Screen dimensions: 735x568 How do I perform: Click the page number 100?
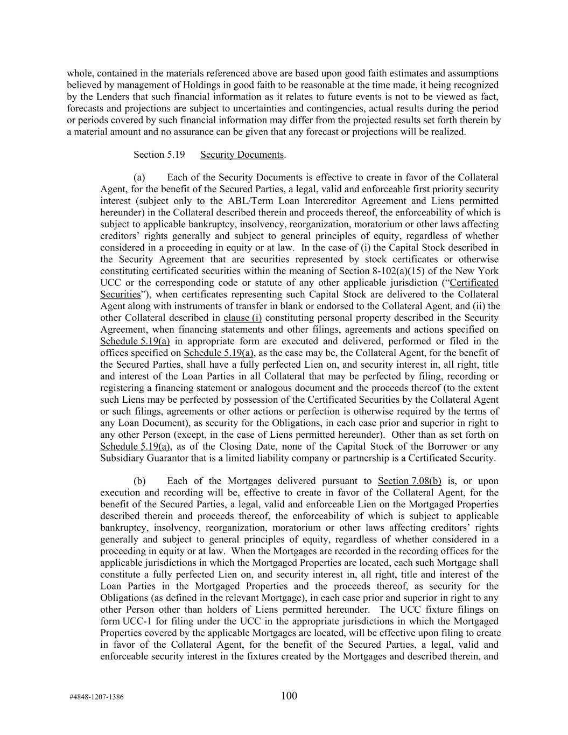point(289,696)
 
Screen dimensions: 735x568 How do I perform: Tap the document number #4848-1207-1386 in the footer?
point(96,697)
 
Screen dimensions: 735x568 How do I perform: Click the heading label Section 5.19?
point(159,155)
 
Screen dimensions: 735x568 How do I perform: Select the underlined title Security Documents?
point(242,155)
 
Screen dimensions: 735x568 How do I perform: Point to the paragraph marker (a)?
point(139,178)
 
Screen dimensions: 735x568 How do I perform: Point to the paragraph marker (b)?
point(139,481)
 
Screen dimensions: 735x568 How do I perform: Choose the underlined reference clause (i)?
point(243,318)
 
